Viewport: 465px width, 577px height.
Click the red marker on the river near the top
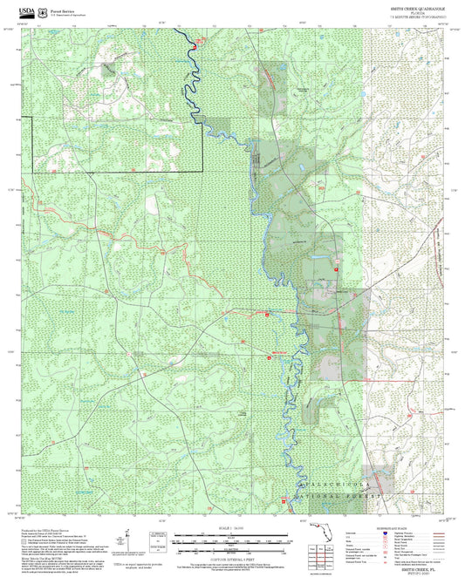pyautogui.click(x=202, y=39)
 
